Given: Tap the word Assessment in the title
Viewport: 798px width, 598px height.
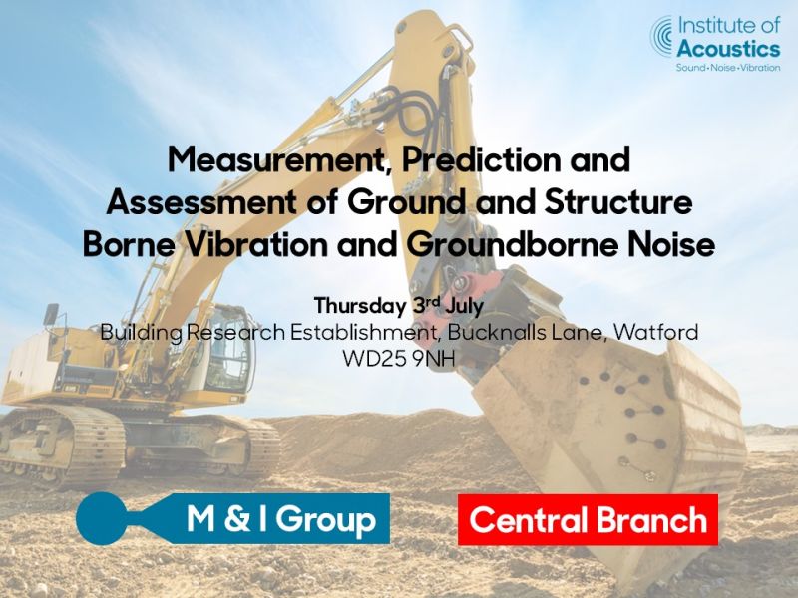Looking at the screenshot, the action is click(x=201, y=202).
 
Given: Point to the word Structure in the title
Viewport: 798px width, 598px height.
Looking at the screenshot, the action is click(x=617, y=202).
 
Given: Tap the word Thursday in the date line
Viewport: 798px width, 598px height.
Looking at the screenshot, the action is click(x=360, y=307).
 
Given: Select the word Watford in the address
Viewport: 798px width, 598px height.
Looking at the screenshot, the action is click(x=655, y=333).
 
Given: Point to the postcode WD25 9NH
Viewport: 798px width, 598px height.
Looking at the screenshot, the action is click(x=398, y=359).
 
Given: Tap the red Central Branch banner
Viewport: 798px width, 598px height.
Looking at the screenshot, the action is click(x=588, y=519).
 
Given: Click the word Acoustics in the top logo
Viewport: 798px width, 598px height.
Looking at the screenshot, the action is click(x=729, y=49).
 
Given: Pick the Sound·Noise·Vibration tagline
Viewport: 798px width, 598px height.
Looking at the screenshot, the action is click(x=728, y=68).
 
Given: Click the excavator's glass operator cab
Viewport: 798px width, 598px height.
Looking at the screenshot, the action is click(x=223, y=346).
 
